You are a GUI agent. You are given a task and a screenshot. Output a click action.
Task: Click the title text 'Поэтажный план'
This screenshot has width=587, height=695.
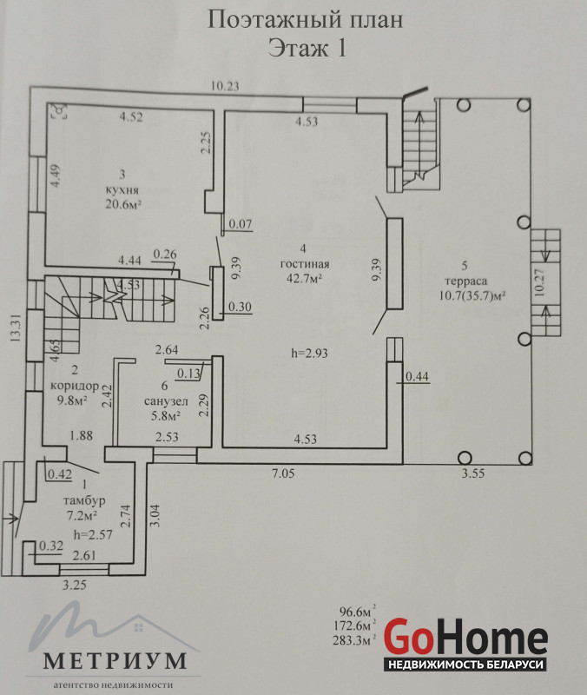[x=306, y=20]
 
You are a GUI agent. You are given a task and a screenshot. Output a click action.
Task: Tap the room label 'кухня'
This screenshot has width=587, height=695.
[x=122, y=190]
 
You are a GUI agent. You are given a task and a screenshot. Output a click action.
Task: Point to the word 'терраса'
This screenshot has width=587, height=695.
[x=466, y=281]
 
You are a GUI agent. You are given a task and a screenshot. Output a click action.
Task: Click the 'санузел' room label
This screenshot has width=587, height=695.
[x=166, y=401]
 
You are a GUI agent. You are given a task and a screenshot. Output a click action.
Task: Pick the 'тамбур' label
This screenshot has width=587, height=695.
[x=84, y=501]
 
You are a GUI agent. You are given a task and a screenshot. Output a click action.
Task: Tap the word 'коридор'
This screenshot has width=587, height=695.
[x=75, y=386]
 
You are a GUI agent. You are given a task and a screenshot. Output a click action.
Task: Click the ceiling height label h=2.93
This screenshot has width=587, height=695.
[x=310, y=354]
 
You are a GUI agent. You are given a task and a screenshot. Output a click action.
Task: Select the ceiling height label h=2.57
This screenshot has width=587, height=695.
[x=93, y=534]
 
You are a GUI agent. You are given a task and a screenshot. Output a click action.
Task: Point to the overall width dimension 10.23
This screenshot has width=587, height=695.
[x=225, y=86]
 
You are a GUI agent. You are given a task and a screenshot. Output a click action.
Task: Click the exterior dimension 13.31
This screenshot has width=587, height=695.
[x=16, y=328]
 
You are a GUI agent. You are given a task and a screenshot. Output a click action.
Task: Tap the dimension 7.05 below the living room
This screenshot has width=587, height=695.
[x=283, y=473]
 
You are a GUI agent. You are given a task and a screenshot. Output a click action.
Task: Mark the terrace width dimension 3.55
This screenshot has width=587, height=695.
[x=473, y=473]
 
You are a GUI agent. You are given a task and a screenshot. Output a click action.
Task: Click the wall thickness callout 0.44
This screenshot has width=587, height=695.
[x=417, y=376]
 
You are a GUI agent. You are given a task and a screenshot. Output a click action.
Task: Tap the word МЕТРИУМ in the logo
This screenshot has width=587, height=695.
[x=115, y=661]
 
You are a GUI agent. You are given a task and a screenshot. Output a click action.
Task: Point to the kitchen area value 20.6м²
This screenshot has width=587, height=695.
[x=123, y=204]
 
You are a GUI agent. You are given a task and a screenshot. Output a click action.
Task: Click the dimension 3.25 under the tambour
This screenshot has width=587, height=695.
[x=74, y=585]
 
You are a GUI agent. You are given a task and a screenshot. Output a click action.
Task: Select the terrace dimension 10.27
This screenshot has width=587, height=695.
[x=539, y=283]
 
